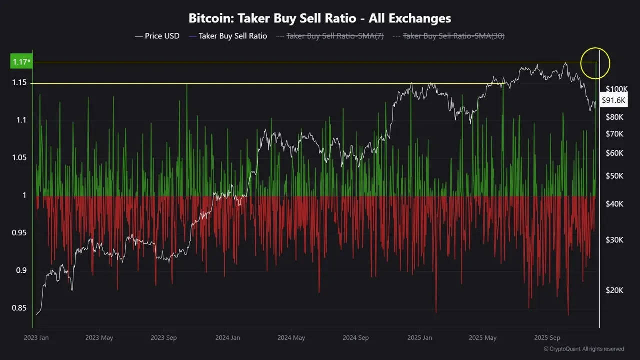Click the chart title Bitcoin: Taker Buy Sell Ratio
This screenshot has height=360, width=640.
pos(320,18)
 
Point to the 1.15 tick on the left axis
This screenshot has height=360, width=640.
pos(19,82)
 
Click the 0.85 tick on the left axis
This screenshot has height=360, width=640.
pos(19,308)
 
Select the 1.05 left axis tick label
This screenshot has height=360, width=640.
pos(19,158)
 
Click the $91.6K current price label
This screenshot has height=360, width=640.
pos(614,100)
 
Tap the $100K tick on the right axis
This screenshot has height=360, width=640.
pos(616,89)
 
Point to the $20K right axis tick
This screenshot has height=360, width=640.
pos(614,290)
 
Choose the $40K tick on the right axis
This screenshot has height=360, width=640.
pos(614,204)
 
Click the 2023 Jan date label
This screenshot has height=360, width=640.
pos(36,338)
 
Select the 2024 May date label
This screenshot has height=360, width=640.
pos(292,338)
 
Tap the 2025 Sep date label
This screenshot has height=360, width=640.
pos(547,338)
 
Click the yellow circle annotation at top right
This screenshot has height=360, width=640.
pos(595,63)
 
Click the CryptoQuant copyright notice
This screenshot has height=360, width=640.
pos(583,349)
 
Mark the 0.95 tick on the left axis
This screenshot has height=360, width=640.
pos(19,233)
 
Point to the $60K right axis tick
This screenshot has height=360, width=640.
pos(614,153)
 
